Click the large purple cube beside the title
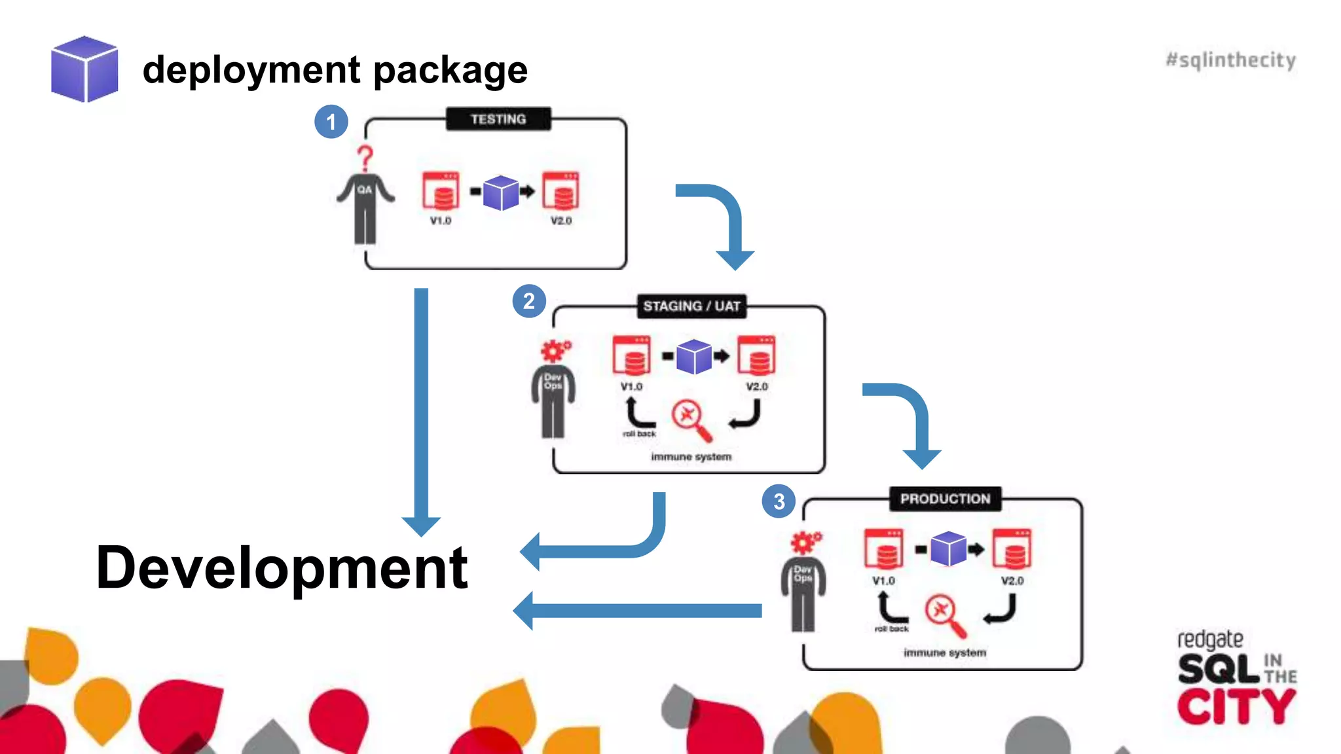(84, 69)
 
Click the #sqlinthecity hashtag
(1230, 60)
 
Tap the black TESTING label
(498, 119)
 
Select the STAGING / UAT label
(691, 306)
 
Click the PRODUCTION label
(945, 499)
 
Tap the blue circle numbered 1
(331, 122)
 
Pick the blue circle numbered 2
(529, 301)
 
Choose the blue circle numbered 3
(779, 501)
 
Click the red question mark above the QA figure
(365, 158)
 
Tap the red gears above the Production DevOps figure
(805, 543)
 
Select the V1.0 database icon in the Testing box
(441, 191)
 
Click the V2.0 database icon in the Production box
(1012, 548)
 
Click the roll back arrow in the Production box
(889, 607)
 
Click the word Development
(282, 567)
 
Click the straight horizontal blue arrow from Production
(638, 611)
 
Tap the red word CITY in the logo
(1236, 707)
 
